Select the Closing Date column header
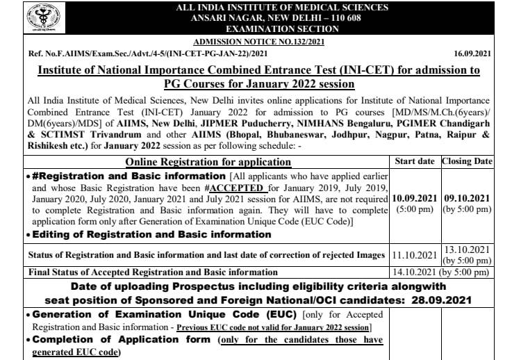pyautogui.click(x=468, y=161)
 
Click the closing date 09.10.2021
pyautogui.click(x=468, y=197)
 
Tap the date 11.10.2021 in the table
pyautogui.click(x=415, y=255)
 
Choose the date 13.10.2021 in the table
pyautogui.click(x=468, y=250)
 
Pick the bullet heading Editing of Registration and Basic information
pyautogui.click(x=140, y=235)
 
